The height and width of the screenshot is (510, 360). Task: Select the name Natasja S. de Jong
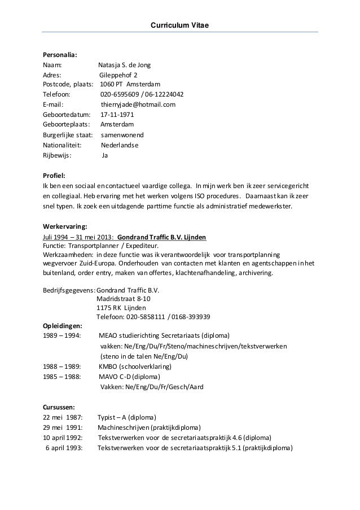tap(124, 65)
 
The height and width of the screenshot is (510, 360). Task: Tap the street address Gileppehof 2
tap(118, 75)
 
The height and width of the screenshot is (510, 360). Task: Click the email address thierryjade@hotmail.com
tap(138, 104)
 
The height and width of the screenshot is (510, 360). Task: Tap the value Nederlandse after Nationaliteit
tap(119, 145)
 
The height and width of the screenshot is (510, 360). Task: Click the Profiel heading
tap(55, 175)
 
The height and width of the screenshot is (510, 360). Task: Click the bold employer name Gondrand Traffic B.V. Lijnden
tap(165, 237)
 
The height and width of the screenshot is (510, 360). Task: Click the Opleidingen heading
tap(62, 326)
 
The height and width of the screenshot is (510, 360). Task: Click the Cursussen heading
tap(59, 407)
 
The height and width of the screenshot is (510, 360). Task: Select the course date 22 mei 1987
tap(63, 417)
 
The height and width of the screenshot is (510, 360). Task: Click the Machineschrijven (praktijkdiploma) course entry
tap(150, 428)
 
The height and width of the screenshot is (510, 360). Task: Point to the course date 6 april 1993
tap(63, 448)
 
